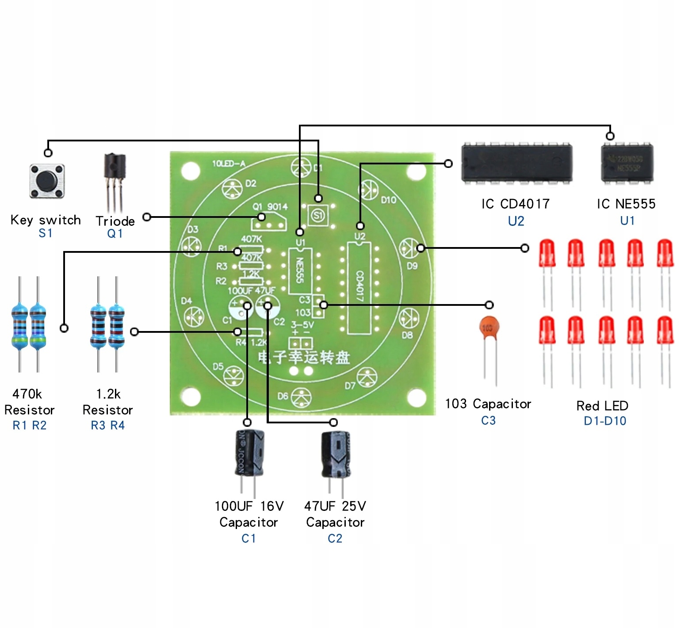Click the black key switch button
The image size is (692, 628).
tap(47, 181)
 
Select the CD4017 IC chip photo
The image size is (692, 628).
tap(516, 163)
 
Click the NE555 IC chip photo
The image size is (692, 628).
tap(627, 163)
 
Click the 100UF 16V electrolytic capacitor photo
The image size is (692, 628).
tap(249, 453)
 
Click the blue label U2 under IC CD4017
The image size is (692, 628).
tap(516, 221)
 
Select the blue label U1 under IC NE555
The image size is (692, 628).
tap(627, 221)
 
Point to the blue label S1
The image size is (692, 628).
tap(46, 233)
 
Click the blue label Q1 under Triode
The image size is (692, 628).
tap(115, 233)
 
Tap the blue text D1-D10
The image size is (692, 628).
tap(605, 421)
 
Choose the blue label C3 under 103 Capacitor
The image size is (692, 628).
tap(488, 420)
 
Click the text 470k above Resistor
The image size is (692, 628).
tap(27, 394)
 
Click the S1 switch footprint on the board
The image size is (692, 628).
tap(318, 216)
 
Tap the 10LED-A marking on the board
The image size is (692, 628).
tap(229, 164)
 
